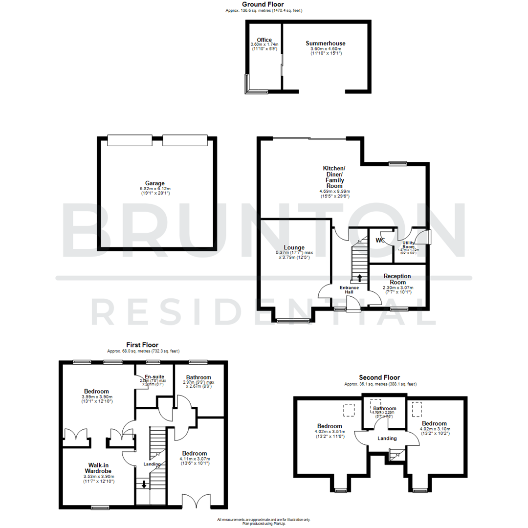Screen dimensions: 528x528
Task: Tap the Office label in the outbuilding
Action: pos(264,40)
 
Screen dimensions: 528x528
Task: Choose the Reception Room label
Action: pos(397,279)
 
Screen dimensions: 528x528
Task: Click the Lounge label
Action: pos(294,247)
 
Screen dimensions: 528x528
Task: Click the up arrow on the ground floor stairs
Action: pos(360,278)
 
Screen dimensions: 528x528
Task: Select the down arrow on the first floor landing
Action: pos(144,485)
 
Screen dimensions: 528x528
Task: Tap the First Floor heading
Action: pos(142,345)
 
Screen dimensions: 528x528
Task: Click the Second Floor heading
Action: pos(379,377)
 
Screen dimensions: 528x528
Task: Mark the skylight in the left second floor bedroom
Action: pos(349,410)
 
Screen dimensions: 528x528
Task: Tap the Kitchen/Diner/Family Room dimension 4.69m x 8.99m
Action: pos(335,191)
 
